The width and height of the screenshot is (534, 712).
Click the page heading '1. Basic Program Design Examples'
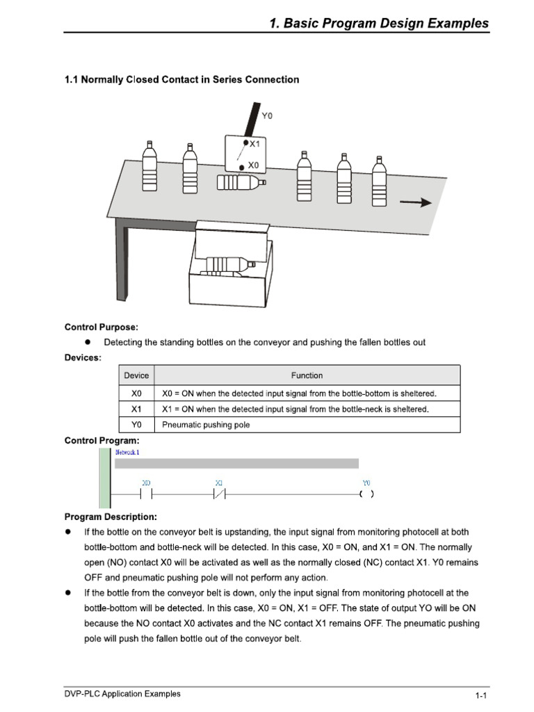378,23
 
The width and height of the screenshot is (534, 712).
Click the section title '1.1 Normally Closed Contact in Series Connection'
181,79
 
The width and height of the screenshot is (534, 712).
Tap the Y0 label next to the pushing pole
267,115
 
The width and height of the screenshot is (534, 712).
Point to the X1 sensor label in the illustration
254,144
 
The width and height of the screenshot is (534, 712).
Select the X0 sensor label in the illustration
253,165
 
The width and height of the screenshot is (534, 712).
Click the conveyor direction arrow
416,202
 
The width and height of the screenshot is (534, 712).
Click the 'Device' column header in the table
136,375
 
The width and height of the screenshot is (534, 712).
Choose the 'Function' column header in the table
307,375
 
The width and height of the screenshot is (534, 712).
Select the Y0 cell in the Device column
136,425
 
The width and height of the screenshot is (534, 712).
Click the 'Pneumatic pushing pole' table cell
206,425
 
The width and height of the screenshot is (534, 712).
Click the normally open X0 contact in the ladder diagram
146,494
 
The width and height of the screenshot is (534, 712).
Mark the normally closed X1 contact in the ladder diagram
219,494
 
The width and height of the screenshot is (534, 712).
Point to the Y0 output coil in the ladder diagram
366,494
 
